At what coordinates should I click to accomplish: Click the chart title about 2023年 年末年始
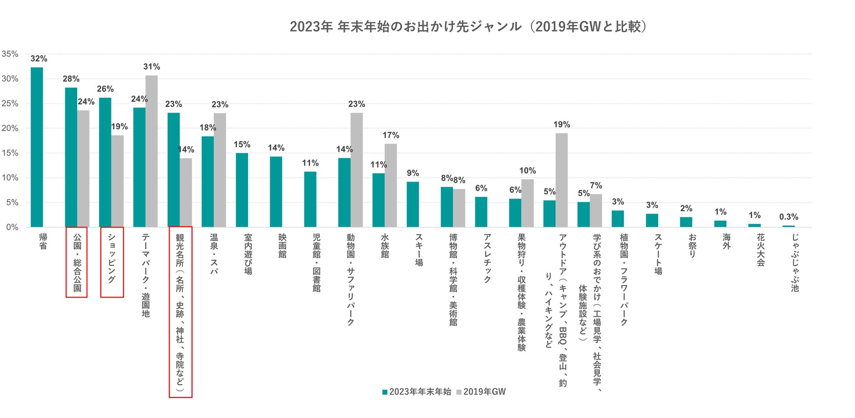(x=468, y=27)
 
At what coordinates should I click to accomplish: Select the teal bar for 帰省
(x=37, y=147)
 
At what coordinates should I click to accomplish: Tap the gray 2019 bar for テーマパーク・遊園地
(x=152, y=151)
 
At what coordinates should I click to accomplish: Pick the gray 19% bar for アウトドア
(x=562, y=180)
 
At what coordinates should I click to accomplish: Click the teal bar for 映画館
(x=276, y=192)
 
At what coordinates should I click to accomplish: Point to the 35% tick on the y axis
(x=10, y=54)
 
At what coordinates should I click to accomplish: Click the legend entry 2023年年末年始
(x=417, y=392)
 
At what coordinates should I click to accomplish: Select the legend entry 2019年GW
(x=481, y=392)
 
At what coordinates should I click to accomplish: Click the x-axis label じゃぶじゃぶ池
(x=795, y=262)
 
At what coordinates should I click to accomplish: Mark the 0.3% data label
(x=788, y=217)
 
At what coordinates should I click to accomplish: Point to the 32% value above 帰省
(x=39, y=59)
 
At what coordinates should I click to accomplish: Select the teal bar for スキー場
(x=413, y=204)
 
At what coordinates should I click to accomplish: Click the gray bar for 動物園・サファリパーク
(x=356, y=170)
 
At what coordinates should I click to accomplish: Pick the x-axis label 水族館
(x=385, y=246)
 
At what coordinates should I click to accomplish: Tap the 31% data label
(x=152, y=67)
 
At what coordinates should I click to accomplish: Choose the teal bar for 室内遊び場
(x=242, y=190)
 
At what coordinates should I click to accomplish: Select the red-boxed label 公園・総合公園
(x=77, y=262)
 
